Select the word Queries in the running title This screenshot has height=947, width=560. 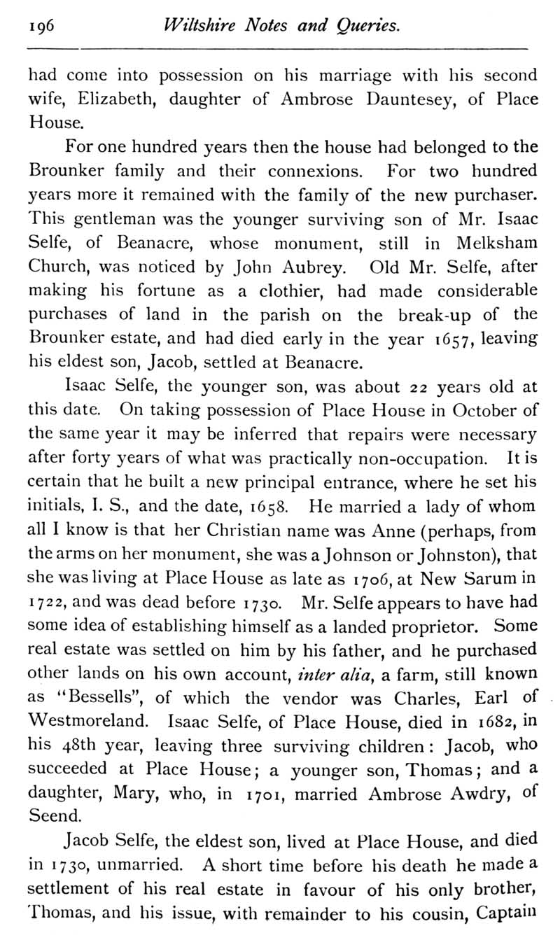click(x=369, y=27)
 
